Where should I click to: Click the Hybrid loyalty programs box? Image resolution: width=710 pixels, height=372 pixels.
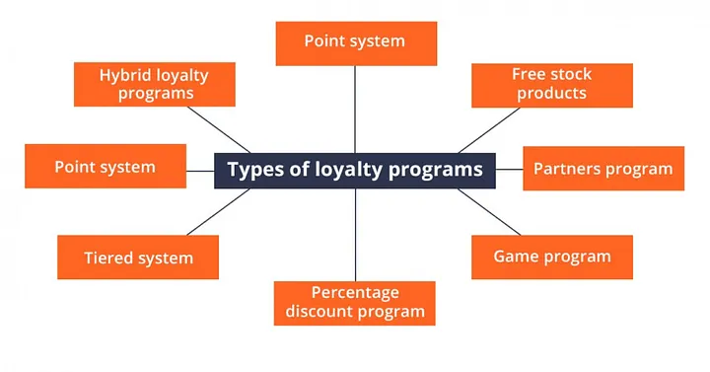click(x=155, y=84)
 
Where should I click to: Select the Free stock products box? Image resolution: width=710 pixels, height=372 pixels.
click(x=552, y=85)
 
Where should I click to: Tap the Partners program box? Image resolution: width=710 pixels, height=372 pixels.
click(x=603, y=168)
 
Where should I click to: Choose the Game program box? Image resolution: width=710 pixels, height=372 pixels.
click(x=552, y=257)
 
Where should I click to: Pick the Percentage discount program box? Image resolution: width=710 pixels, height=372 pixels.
click(x=355, y=303)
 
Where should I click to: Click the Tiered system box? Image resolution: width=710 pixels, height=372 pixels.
click(x=138, y=257)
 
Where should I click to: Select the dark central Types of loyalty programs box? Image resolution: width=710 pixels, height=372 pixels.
click(x=355, y=171)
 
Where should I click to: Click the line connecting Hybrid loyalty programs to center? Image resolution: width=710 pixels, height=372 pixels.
click(x=219, y=129)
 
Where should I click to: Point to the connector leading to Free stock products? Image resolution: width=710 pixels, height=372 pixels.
click(x=489, y=130)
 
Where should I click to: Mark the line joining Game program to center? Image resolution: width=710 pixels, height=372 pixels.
click(x=489, y=211)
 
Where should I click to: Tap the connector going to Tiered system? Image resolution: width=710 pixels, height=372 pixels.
click(x=219, y=211)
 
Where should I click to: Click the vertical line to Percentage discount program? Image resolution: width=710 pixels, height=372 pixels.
click(x=355, y=235)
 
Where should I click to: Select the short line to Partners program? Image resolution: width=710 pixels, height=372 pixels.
click(x=510, y=170)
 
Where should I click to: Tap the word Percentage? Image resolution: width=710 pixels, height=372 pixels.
click(x=355, y=293)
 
